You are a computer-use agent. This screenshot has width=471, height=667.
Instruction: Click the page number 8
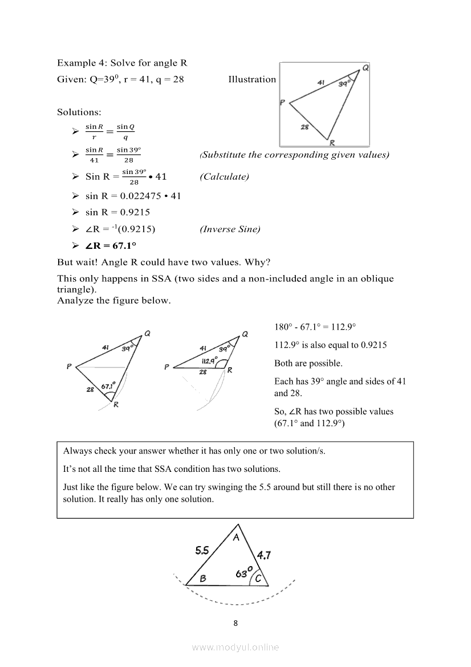[x=235, y=622]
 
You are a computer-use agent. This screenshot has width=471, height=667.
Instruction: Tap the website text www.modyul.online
[x=235, y=647]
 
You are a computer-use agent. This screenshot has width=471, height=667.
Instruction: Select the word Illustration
[x=252, y=79]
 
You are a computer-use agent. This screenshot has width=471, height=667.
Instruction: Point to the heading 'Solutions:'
[x=79, y=112]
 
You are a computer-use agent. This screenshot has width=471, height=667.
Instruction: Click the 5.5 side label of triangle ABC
[x=202, y=551]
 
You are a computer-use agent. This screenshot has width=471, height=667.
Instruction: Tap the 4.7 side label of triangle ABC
[x=263, y=555]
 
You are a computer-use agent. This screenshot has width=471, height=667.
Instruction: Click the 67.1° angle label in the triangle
[x=108, y=386]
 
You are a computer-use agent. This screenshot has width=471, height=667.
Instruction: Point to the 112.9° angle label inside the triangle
[x=209, y=361]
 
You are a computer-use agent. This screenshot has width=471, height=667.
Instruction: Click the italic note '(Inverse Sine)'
[x=230, y=229]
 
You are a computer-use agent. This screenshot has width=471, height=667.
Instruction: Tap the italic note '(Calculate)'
[x=224, y=177]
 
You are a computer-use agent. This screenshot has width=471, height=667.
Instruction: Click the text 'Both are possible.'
[x=308, y=363]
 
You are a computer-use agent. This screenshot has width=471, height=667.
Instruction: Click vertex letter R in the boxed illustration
[x=331, y=143]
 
